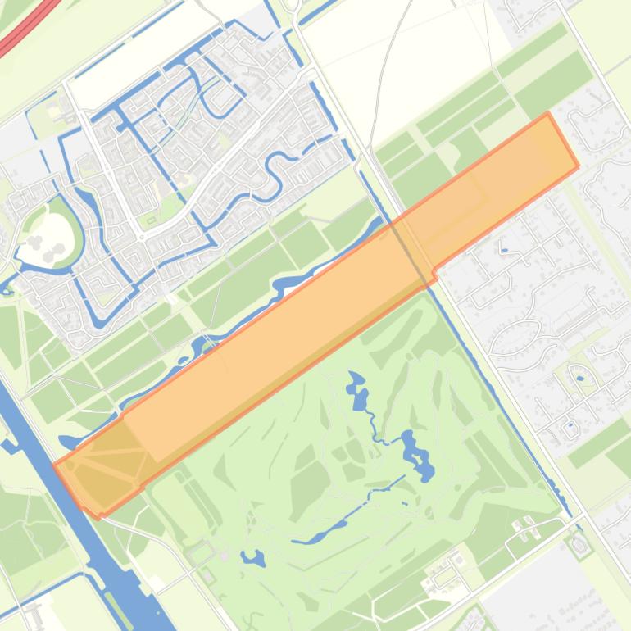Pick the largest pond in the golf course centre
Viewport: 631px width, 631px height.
[x=416, y=456]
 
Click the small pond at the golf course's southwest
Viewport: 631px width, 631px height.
[x=252, y=559]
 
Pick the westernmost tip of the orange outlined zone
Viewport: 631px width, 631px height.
[x=54, y=466]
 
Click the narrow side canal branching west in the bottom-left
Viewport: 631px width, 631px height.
[x=11, y=447]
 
